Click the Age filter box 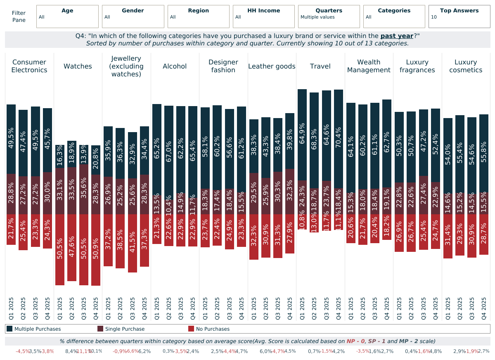[67, 17]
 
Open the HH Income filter [263, 17]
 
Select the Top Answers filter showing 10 [459, 17]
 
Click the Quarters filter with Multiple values [329, 17]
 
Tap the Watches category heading [78, 66]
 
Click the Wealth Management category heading [369, 66]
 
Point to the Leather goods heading [272, 66]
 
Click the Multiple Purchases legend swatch [9, 329]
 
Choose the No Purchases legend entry [208, 329]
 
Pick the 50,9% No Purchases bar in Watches [96, 250]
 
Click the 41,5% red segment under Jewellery [132, 243]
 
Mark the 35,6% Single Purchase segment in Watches [84, 189]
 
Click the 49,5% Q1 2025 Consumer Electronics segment [11, 139]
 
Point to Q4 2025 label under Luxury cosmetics [483, 308]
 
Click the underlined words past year [397, 36]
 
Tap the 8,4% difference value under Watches [71, 351]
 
